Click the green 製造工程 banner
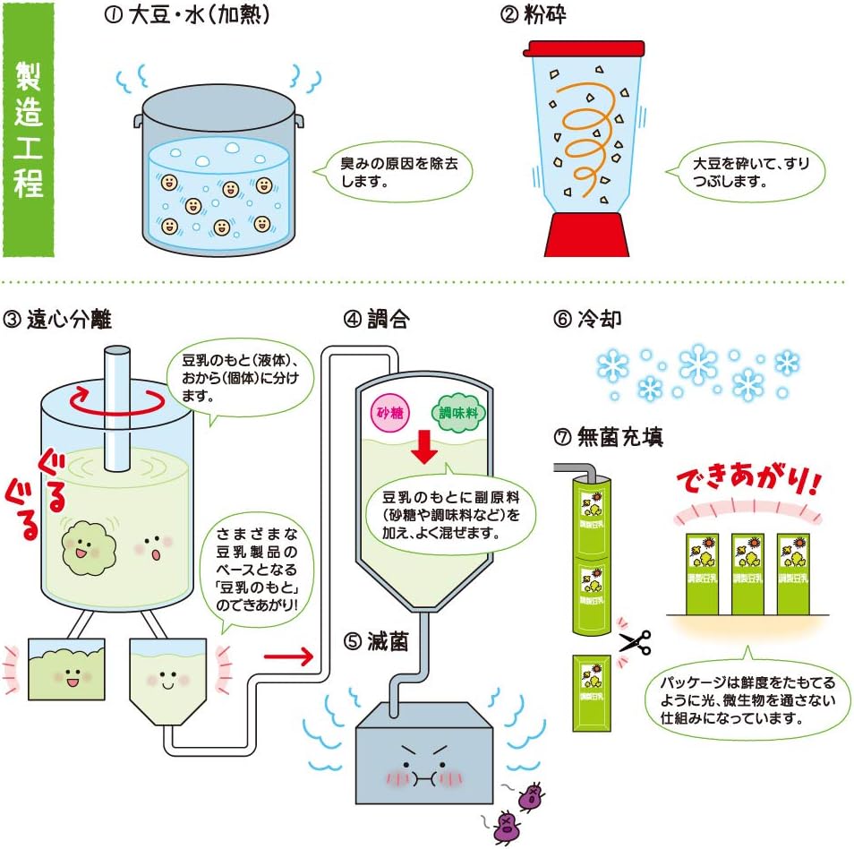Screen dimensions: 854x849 coord(29,130)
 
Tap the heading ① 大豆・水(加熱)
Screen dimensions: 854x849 coord(186,14)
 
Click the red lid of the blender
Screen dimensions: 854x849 coord(584,48)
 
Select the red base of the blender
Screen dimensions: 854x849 coord(586,235)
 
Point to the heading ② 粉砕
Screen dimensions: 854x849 coord(533,14)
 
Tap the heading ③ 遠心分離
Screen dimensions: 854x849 coord(57,320)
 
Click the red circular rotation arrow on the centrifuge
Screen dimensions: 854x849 coord(117,401)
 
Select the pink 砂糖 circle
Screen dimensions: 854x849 coord(390,413)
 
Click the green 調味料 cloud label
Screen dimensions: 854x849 coord(458,413)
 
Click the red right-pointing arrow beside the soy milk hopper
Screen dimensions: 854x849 coord(288,656)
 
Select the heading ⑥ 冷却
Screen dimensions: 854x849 coord(587,319)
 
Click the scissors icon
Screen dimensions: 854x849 coord(636,642)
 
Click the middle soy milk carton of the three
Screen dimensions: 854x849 coord(747,574)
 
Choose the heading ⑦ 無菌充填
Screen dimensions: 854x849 coord(609,436)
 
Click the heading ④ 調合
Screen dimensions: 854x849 coord(376,320)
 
